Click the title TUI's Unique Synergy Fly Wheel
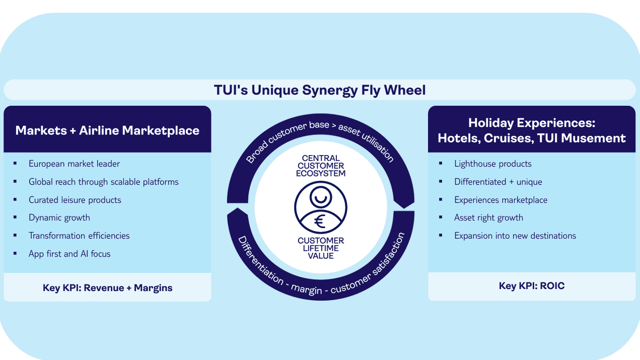[x=320, y=90]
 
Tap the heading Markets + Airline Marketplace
[x=107, y=130]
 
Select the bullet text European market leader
[x=75, y=164]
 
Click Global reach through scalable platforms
[x=104, y=182]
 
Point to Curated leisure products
[x=75, y=200]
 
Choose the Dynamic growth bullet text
[x=59, y=218]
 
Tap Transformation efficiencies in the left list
[x=79, y=236]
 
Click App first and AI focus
[x=69, y=254]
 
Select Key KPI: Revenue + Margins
[x=107, y=287]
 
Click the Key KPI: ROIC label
[x=532, y=286]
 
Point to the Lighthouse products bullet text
[x=493, y=164]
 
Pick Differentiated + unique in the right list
[x=498, y=182]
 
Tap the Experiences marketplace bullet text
[x=501, y=200]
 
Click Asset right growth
[x=488, y=218]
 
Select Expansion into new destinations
[x=515, y=236]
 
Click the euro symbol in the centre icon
[x=320, y=222]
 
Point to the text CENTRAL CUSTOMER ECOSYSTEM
[x=321, y=166]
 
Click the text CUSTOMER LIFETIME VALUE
[x=321, y=248]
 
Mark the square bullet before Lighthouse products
[x=441, y=164]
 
